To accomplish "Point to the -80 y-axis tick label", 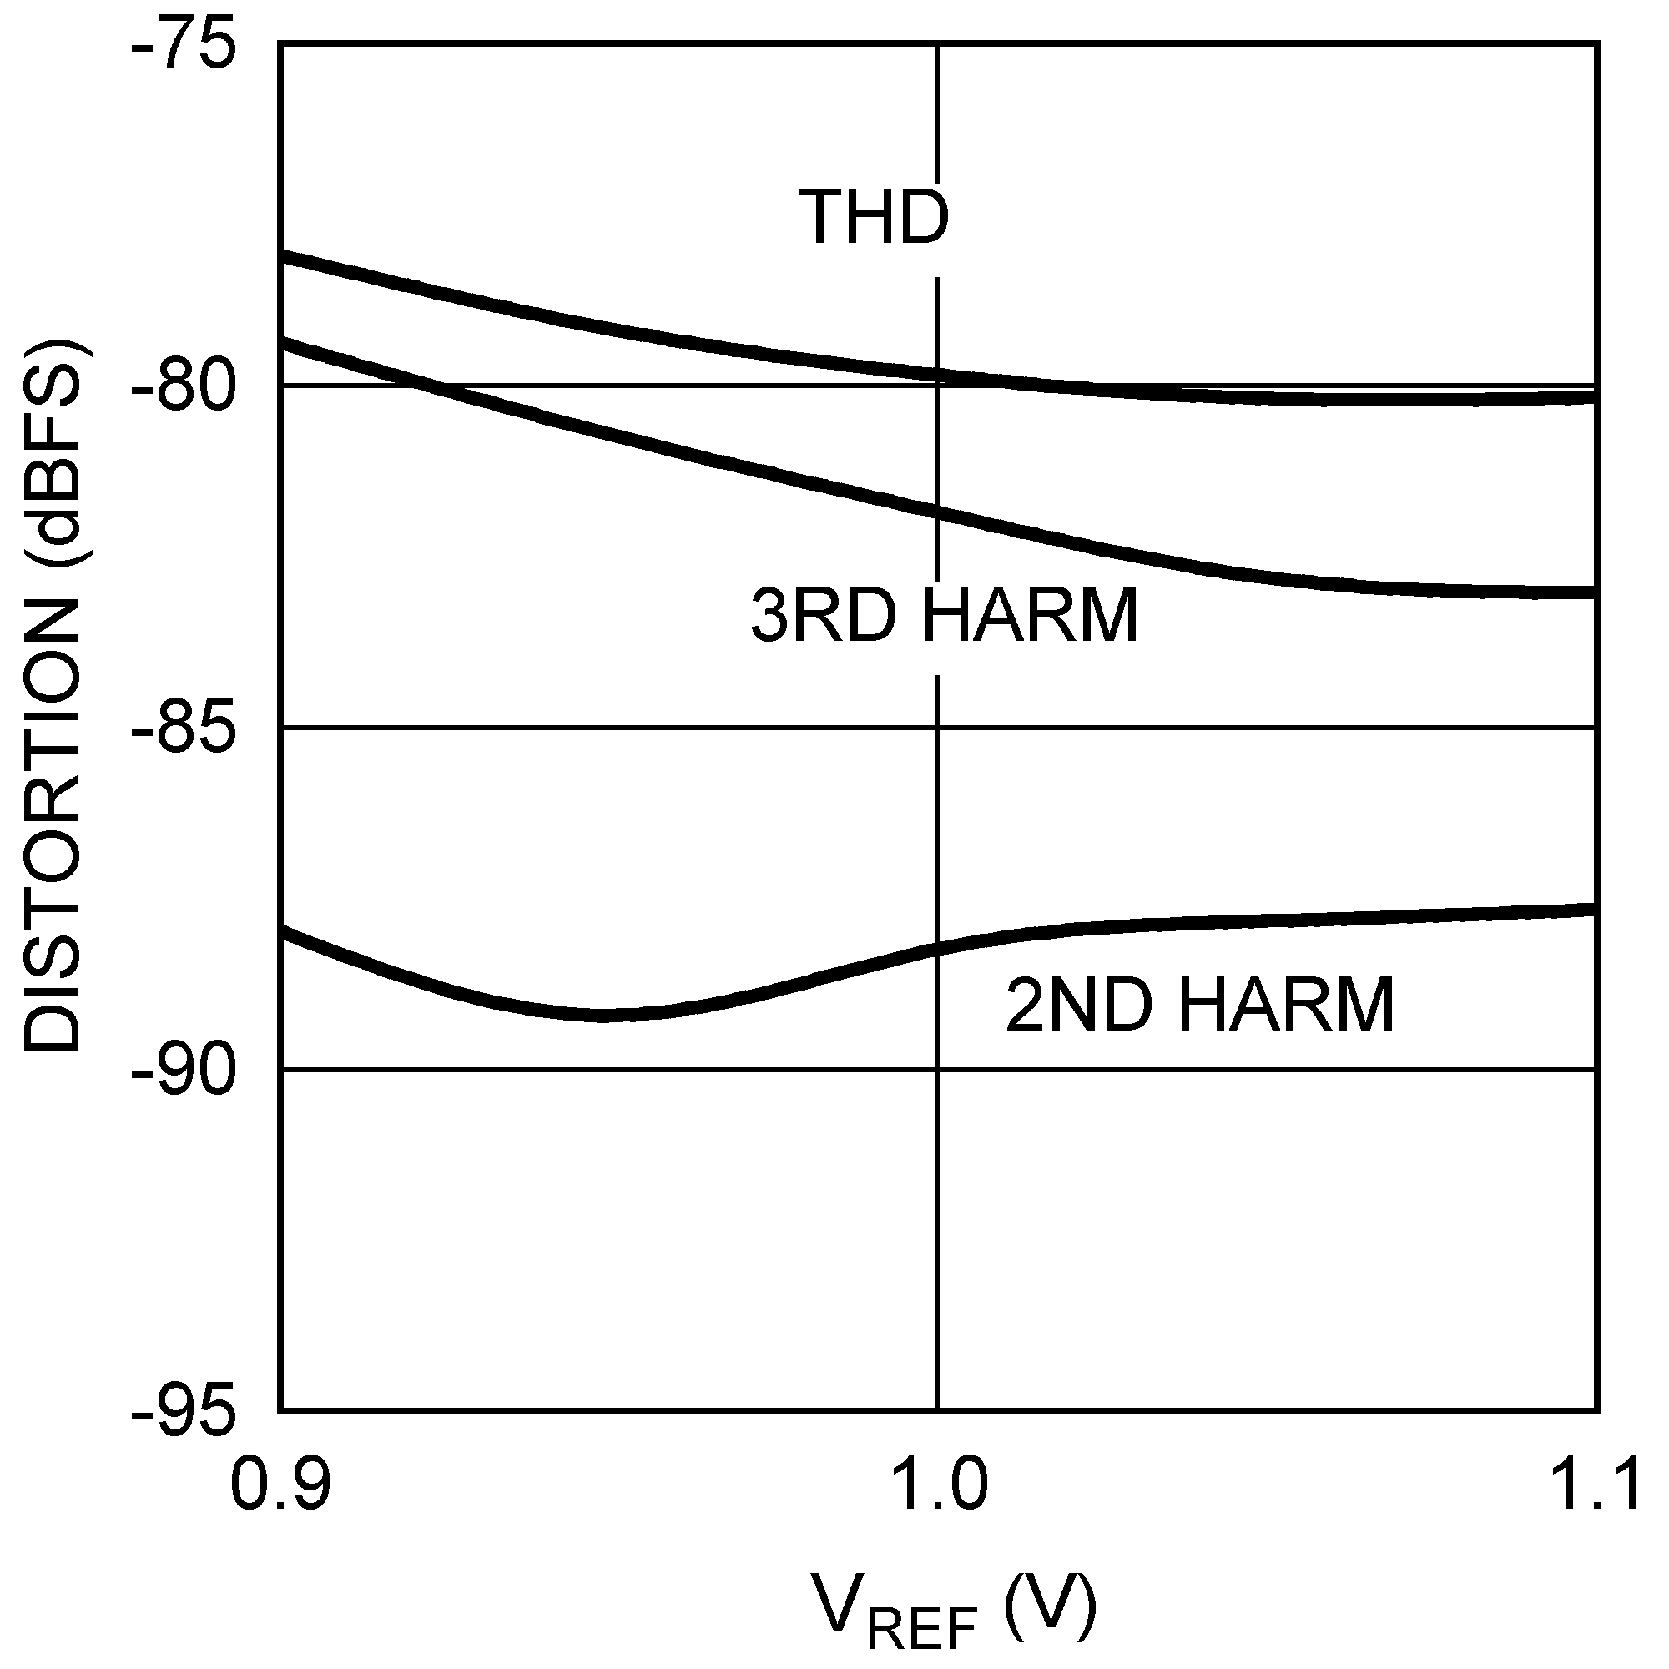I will (x=183, y=386).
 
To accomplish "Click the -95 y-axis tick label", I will (x=183, y=1413).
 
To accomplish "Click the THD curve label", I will (x=874, y=217).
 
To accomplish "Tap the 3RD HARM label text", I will (x=944, y=615).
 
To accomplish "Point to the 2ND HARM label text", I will (x=1200, y=1005).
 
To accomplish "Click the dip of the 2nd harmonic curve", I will (x=605, y=1014).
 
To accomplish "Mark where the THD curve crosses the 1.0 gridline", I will (x=938, y=375).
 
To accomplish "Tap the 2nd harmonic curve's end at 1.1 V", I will (x=1595, y=909).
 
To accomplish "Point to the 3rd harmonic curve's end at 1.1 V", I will (x=1595, y=592).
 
